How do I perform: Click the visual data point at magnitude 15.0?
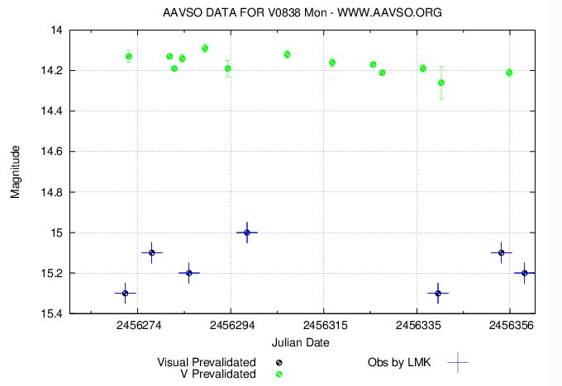click(247, 233)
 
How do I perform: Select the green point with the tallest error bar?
click(441, 82)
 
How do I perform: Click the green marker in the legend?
click(279, 374)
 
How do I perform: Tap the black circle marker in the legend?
click(279, 362)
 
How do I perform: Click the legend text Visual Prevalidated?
click(207, 362)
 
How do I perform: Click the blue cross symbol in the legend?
click(457, 362)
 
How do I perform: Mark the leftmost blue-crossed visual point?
click(125, 293)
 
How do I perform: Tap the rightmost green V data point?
click(509, 73)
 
